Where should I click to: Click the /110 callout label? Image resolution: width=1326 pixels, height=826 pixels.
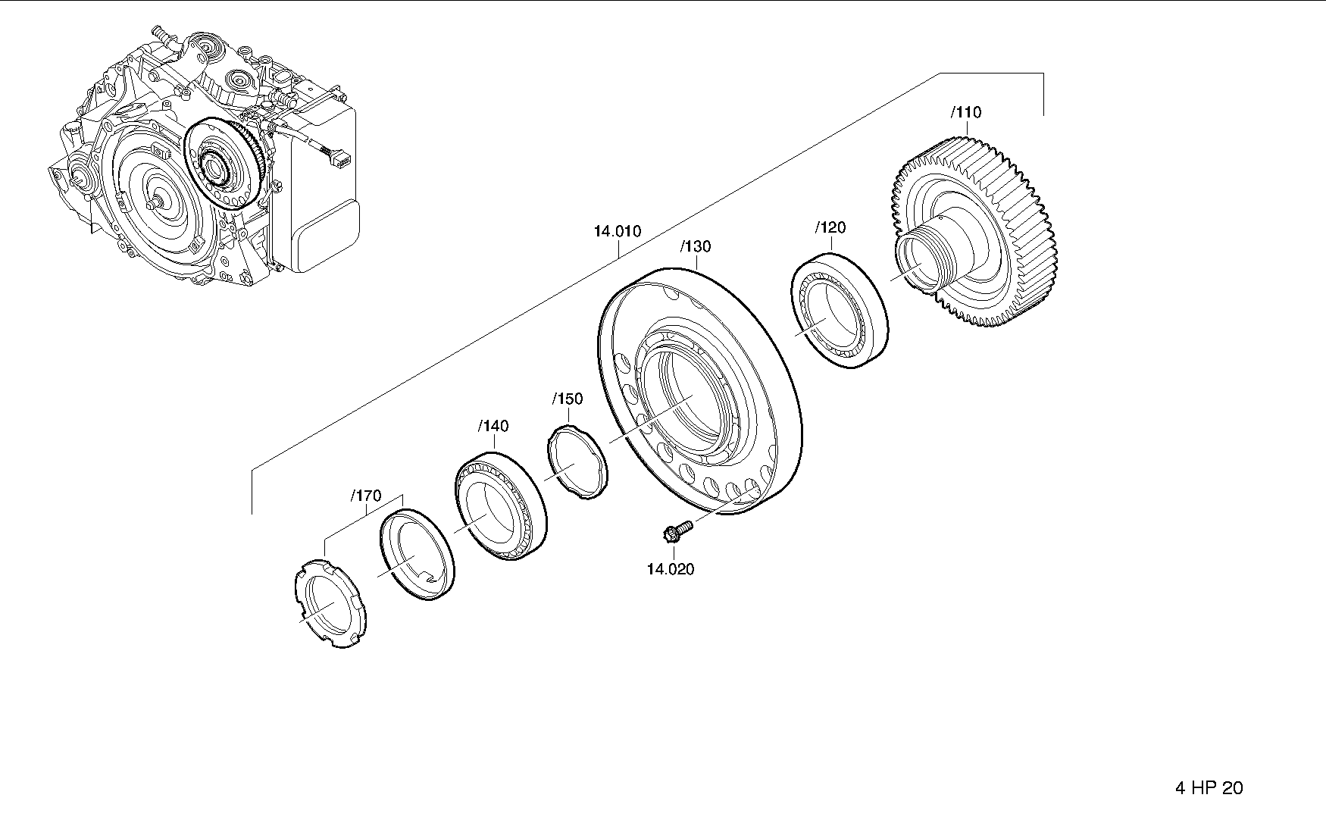point(966,113)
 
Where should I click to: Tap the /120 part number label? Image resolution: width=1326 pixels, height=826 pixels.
point(830,227)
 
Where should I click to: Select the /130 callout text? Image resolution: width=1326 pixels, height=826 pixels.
point(696,246)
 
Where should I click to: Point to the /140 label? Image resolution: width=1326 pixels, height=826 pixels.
point(493,426)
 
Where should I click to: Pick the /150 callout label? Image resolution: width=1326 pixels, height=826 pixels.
point(568,399)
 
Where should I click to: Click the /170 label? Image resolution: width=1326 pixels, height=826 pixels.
point(366,496)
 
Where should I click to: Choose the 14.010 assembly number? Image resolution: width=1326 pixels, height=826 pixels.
point(618,231)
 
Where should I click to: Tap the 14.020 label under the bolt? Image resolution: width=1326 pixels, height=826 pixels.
point(670,569)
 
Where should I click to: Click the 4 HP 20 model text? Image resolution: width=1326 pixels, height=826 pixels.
point(1209,788)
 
